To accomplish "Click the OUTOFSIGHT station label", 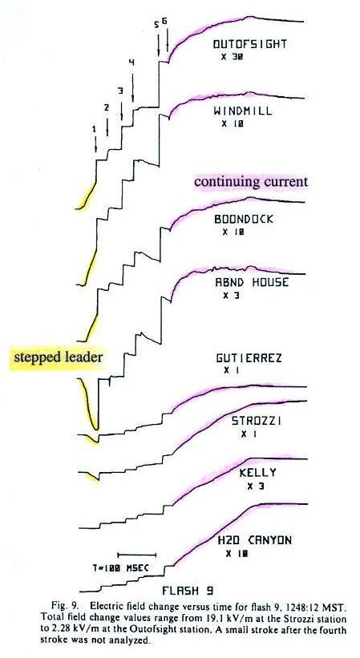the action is (x=249, y=44).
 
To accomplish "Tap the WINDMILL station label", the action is (x=242, y=111).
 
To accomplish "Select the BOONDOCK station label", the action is (x=244, y=219).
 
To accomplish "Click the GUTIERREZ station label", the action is (x=249, y=358).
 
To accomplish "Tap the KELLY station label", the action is (x=257, y=473).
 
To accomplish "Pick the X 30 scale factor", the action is (x=232, y=57).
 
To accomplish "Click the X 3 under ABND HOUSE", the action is (x=229, y=296).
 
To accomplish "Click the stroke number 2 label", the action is (x=107, y=108).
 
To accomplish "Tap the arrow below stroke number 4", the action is (x=132, y=87).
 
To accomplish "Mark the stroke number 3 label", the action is (x=121, y=91).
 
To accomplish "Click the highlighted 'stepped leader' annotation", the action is (x=59, y=358).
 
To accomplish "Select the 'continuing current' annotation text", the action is (x=251, y=181).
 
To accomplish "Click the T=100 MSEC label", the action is (x=121, y=569).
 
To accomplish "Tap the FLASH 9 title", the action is (x=188, y=591).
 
